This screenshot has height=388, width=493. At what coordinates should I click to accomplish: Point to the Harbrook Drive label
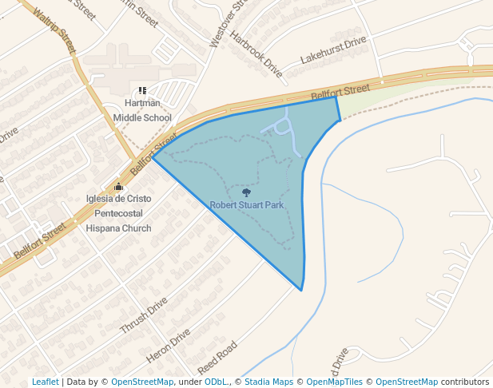pos(256,54)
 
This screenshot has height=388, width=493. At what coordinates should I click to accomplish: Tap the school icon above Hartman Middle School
pos(142,91)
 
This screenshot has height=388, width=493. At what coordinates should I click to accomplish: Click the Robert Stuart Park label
pos(247,205)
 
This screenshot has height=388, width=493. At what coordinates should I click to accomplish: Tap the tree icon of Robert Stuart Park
pos(246,192)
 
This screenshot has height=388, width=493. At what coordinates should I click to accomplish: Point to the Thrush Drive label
pos(144,316)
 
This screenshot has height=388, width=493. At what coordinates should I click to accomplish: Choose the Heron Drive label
pos(169,344)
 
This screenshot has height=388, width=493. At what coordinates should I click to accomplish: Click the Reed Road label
pos(218,358)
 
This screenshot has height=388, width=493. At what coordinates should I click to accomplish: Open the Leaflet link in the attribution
pos(45,382)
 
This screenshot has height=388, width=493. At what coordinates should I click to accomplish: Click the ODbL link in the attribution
pos(215,382)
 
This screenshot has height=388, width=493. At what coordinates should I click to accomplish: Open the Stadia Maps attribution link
pos(268,382)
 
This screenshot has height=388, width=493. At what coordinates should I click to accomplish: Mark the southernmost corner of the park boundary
pos(301,290)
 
